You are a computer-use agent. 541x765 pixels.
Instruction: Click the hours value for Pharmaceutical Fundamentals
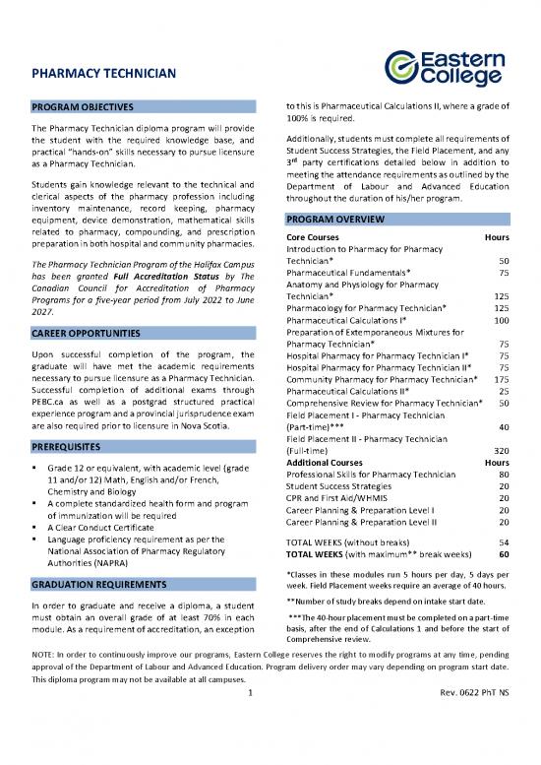[x=503, y=273]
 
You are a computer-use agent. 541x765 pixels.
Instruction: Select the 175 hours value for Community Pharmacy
[x=500, y=379]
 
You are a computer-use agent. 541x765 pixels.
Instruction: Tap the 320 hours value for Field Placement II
[x=500, y=450]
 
